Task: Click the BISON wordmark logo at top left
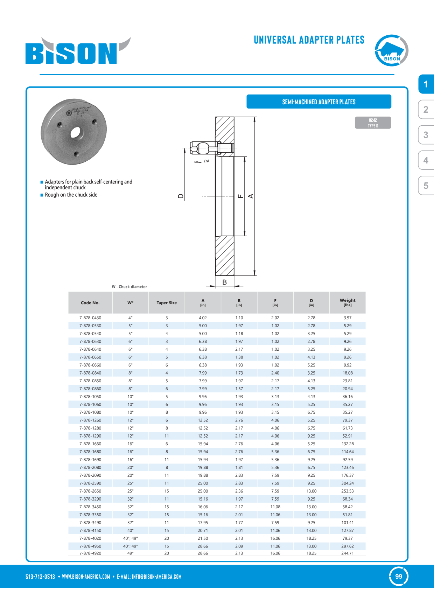(78, 51)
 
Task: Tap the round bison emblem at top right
(391, 50)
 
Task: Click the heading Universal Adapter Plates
(309, 40)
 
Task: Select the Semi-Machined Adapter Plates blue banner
(319, 102)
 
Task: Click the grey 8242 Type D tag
(373, 123)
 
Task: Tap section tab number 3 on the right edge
(426, 135)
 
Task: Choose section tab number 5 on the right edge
(426, 186)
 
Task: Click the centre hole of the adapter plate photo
(76, 133)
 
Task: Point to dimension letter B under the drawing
(225, 282)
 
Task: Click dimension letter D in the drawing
(181, 196)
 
